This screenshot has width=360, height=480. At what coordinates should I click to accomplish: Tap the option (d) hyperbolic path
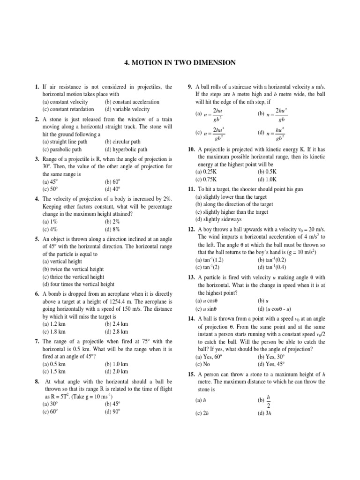pos(126,150)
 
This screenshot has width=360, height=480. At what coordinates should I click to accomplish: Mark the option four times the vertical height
pos(78,284)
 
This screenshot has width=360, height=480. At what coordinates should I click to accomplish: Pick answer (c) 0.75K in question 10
pos(208,179)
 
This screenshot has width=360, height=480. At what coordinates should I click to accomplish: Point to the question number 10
pos(191,149)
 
